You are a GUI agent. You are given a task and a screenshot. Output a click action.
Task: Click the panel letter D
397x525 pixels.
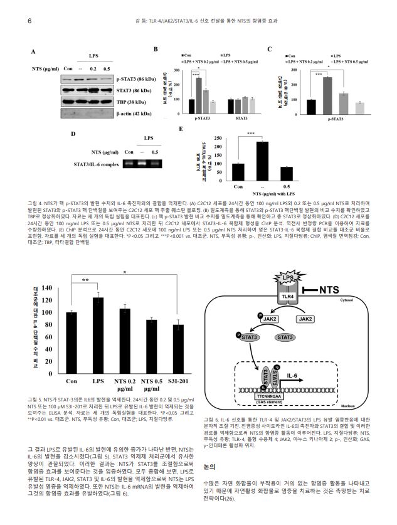(73, 134)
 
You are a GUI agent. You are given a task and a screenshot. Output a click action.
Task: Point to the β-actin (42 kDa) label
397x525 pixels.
(134, 114)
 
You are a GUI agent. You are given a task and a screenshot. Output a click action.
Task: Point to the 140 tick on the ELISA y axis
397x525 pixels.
(48, 289)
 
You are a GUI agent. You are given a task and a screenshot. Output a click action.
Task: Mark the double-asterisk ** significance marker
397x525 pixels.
(84, 281)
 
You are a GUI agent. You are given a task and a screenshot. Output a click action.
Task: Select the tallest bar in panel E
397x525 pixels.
(262, 161)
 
